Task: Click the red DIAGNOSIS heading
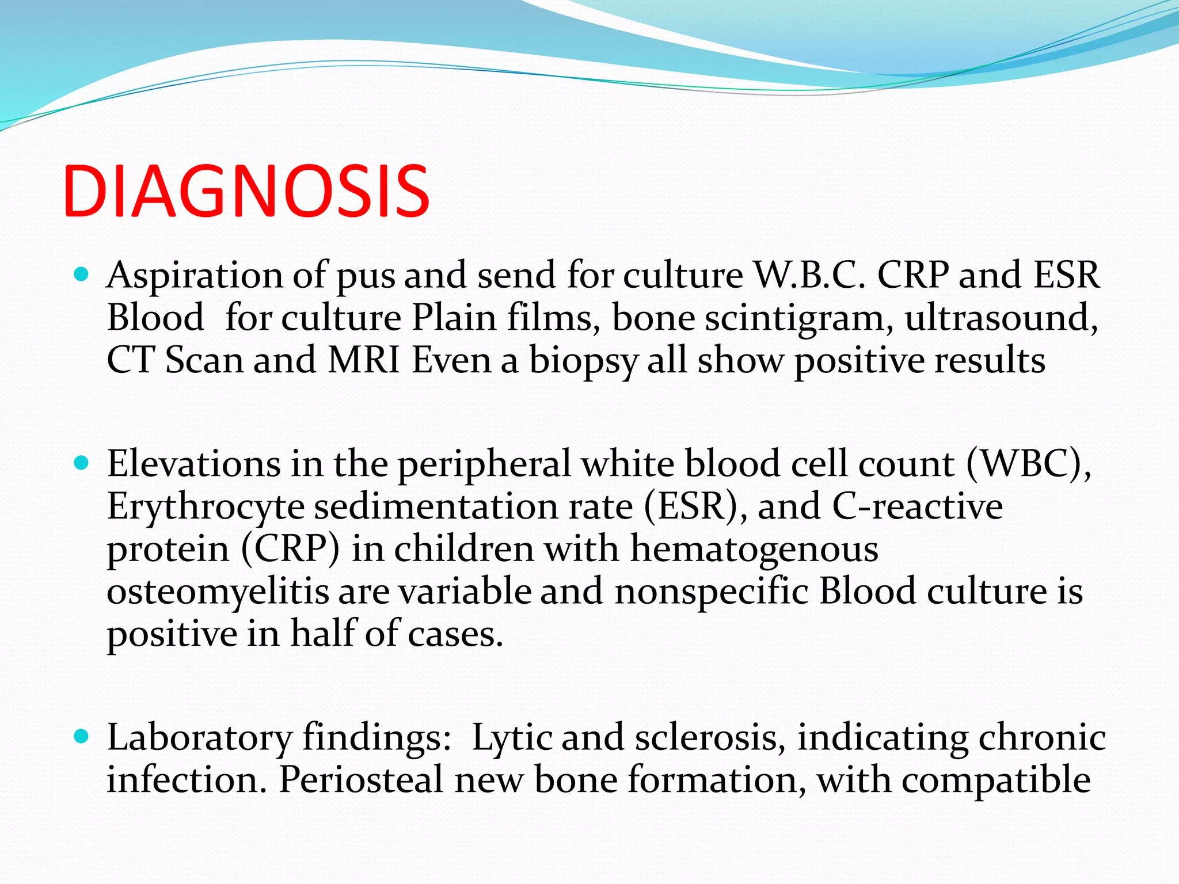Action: [246, 191]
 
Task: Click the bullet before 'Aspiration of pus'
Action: [82, 275]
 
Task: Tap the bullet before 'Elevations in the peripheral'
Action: [82, 463]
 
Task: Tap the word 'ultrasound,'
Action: [1001, 317]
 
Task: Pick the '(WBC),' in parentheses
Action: [1028, 464]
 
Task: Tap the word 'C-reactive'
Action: [917, 506]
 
